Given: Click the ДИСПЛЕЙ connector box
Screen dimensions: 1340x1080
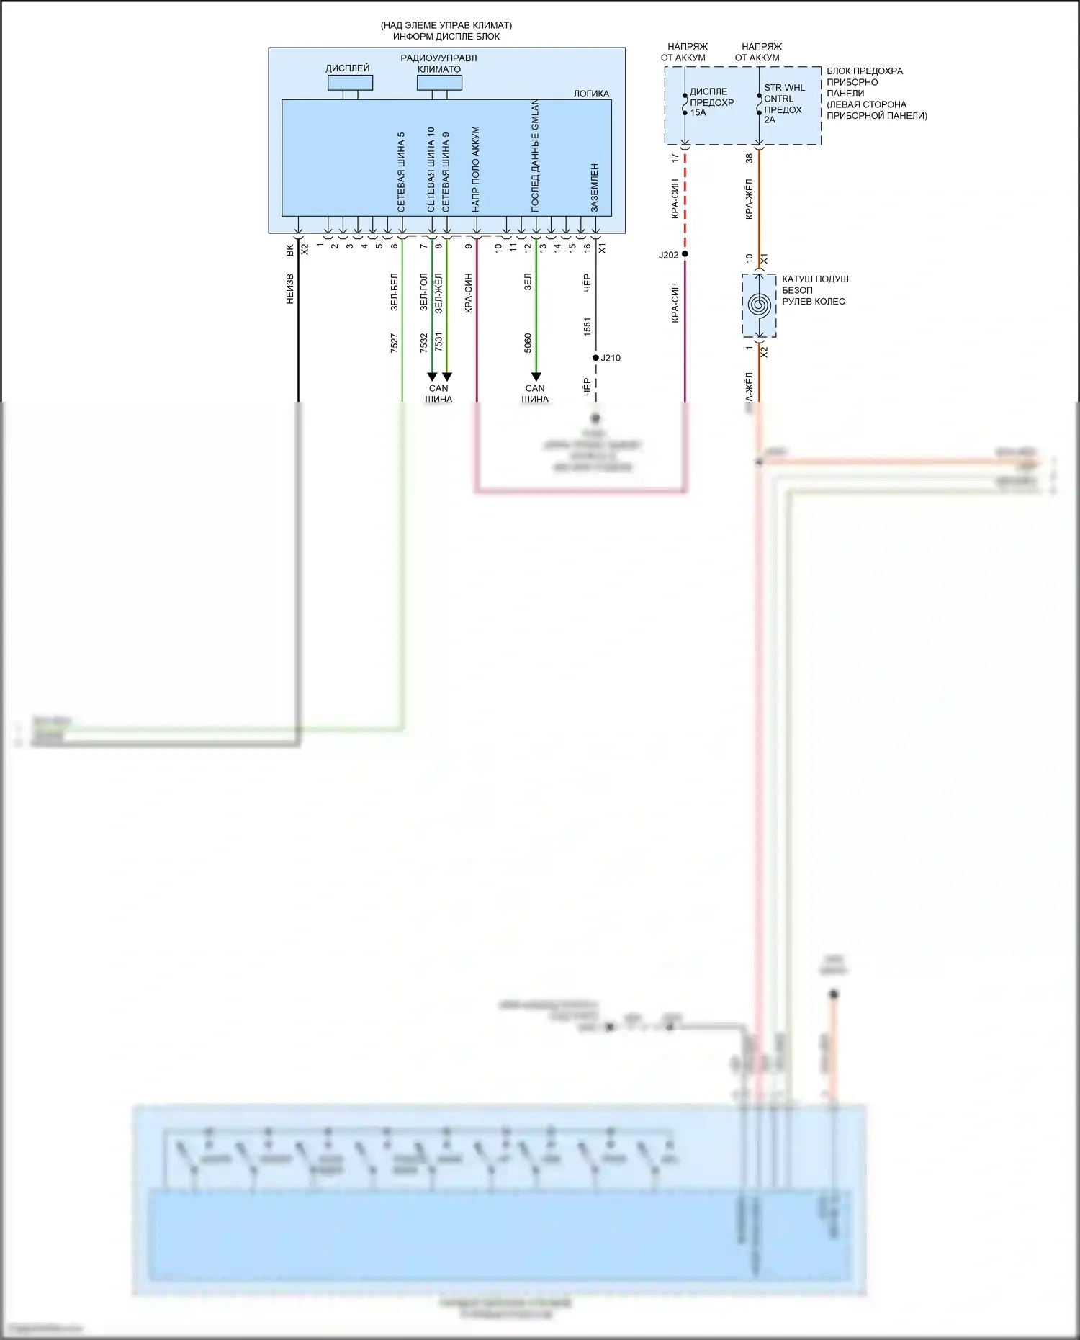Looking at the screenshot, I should point(350,82).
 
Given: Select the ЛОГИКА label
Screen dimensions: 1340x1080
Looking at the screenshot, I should point(591,94).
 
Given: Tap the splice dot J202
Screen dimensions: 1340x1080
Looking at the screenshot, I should point(685,254).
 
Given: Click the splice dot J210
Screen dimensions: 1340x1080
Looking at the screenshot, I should point(595,358).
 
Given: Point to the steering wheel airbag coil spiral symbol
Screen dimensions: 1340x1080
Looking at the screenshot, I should point(759,305).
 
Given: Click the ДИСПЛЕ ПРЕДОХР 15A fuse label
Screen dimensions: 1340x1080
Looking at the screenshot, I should point(711,102).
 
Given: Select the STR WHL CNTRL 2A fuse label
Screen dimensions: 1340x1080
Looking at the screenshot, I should point(783,104).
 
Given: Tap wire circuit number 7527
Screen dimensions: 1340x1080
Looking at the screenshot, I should point(394,343).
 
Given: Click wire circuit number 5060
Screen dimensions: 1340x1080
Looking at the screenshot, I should point(528,343).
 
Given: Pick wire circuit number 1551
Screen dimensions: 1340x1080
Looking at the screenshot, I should point(588,327).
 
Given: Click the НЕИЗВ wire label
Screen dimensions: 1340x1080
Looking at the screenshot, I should point(290,289).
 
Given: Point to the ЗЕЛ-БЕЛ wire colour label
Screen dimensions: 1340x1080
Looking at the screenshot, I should point(394,292).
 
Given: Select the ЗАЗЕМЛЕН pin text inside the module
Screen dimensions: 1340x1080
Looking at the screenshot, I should point(595,188).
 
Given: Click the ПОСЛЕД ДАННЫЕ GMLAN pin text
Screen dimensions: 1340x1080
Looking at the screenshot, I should point(535,156).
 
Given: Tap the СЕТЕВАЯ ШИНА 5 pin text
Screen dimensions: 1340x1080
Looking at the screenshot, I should point(401,172).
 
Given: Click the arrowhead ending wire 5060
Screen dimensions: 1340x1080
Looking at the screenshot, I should point(536,377).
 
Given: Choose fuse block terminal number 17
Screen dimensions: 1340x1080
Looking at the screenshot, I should point(675,158).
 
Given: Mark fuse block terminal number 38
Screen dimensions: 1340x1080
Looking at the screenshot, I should point(749,158).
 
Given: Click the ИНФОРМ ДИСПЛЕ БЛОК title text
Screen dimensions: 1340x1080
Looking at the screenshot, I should point(446,36).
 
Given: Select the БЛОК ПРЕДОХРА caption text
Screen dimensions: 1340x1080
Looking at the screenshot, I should point(864,71).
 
